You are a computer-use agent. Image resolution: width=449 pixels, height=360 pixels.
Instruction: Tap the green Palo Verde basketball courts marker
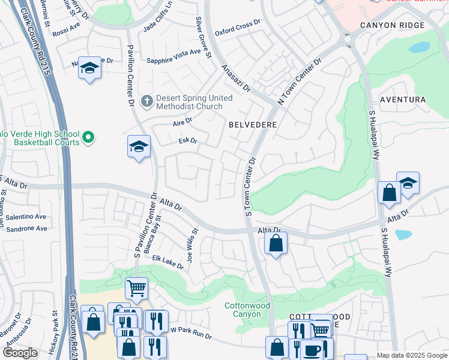(x=88, y=138)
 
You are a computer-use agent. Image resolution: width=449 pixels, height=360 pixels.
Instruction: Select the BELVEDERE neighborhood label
(x=252, y=125)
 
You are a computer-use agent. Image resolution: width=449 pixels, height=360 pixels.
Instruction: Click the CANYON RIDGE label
(x=392, y=25)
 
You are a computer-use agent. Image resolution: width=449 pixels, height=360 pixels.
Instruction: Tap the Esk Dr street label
(x=188, y=141)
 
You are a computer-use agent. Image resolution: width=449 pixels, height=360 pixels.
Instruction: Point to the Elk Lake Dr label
(x=167, y=263)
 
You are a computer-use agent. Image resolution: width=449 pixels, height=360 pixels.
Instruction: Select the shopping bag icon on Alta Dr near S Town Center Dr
(x=276, y=243)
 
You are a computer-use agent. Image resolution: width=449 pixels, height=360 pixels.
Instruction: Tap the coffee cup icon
(x=312, y=349)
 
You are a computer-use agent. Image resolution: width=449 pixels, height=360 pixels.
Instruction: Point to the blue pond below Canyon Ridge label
(x=419, y=47)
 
